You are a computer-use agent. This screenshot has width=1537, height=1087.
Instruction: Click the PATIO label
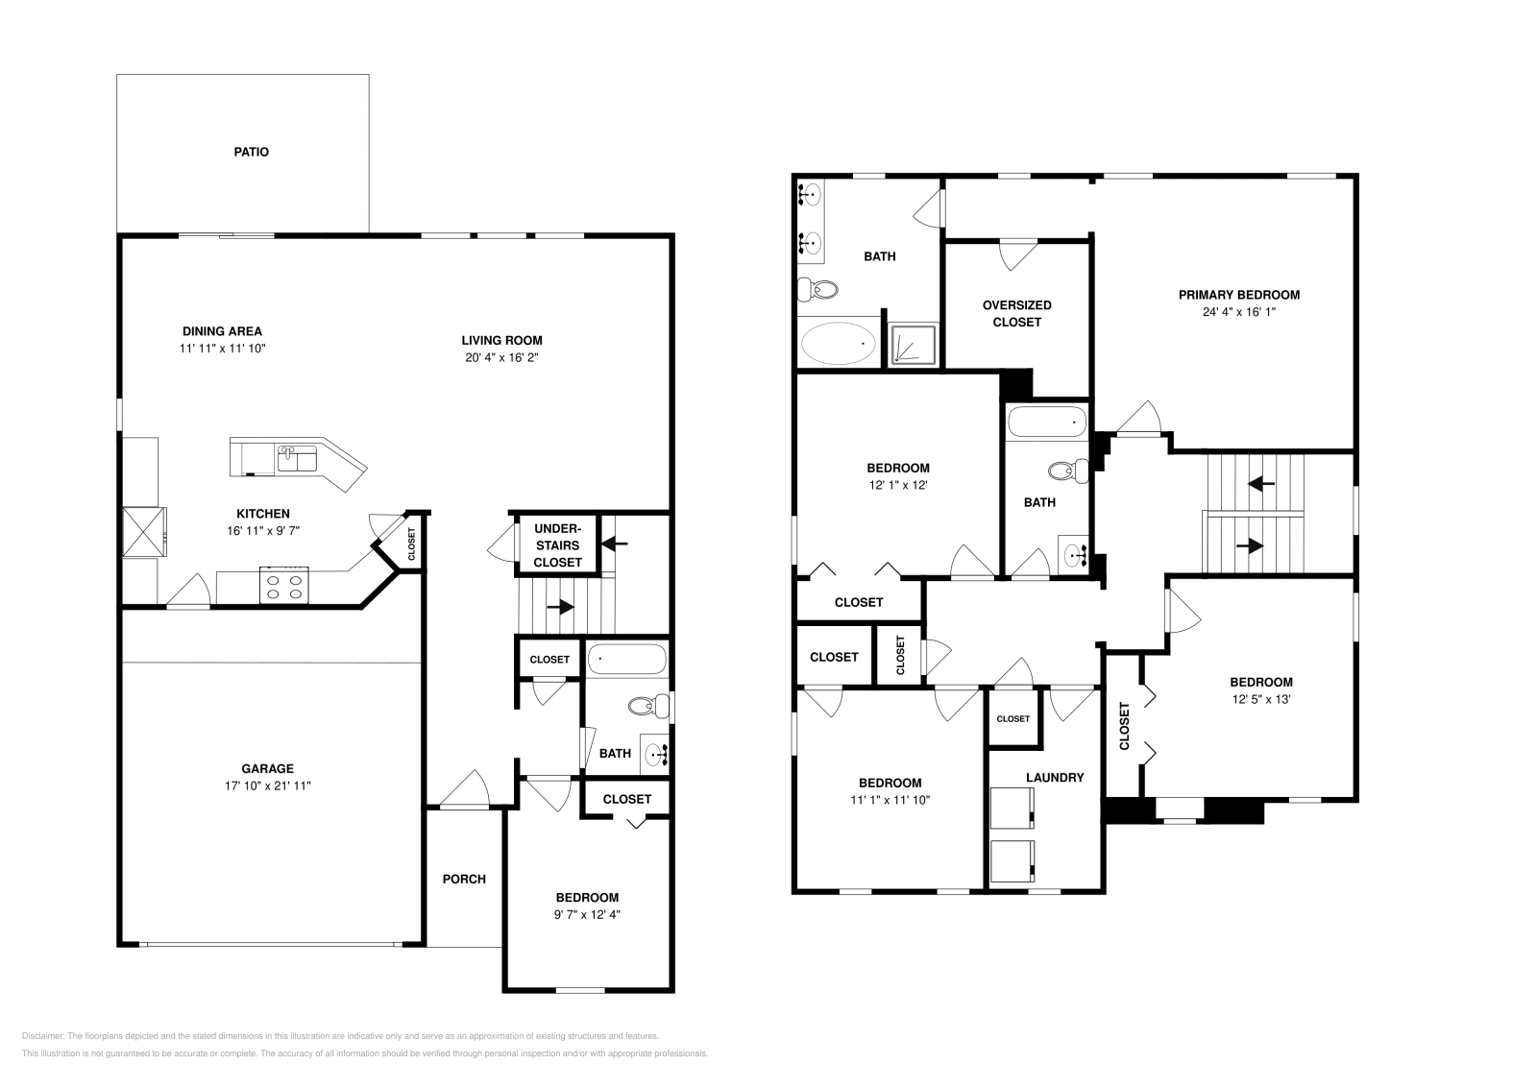click(251, 152)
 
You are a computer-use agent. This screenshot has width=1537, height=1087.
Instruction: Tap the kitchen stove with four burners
click(285, 586)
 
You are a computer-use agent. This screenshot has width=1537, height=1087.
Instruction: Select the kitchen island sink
click(297, 458)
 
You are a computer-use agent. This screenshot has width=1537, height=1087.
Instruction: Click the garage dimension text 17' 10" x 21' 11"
click(267, 785)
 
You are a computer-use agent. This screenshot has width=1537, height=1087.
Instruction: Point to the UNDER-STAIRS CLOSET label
click(557, 545)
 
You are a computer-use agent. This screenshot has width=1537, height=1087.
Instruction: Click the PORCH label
click(464, 879)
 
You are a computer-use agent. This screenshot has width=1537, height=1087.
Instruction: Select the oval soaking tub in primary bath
click(839, 343)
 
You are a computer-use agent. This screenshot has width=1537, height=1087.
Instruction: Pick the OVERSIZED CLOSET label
click(1016, 313)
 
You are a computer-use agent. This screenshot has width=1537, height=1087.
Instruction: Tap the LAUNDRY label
click(1055, 778)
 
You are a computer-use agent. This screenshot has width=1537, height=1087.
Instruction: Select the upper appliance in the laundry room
click(1012, 808)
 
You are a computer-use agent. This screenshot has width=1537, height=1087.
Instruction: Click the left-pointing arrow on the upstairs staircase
click(1261, 483)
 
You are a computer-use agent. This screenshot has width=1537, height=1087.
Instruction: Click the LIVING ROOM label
click(501, 340)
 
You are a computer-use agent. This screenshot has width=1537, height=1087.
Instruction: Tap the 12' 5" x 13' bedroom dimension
click(1262, 699)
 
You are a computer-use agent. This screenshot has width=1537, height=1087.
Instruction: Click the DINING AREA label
click(222, 331)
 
